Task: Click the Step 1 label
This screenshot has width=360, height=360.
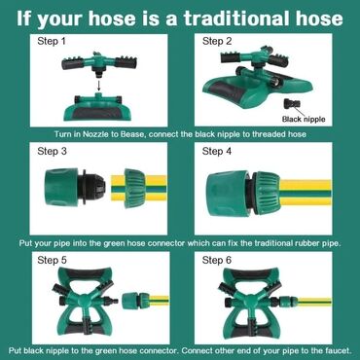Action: click(52, 41)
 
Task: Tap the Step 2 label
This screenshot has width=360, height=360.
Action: click(217, 41)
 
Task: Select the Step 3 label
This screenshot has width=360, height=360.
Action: click(52, 151)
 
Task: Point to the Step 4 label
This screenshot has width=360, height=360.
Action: click(217, 151)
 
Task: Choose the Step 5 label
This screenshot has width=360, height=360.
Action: click(52, 260)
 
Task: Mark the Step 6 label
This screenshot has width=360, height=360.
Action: click(217, 260)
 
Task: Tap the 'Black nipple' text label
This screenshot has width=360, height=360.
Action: click(304, 119)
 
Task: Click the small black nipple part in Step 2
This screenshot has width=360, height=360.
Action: click(292, 104)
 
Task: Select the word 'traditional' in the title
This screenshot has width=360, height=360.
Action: click(238, 18)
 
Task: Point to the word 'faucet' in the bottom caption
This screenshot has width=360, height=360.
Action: click(340, 350)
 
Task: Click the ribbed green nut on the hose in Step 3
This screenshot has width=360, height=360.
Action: click(135, 188)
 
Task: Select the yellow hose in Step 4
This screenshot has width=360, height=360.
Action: click(306, 194)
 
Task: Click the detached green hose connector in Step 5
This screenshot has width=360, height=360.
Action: click(135, 300)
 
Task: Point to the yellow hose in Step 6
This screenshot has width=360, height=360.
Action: click(313, 303)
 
